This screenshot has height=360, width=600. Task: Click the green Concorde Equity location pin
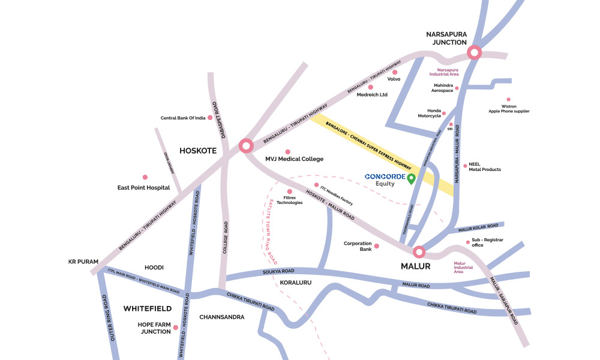tap(411, 178)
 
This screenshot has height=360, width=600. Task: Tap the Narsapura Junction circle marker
tap(475, 52)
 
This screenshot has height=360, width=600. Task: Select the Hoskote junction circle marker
tap(245, 146)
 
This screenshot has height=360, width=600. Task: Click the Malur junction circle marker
tap(418, 252)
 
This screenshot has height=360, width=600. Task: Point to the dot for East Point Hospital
tap(145, 177)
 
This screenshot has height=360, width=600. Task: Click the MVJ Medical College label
tap(294, 159)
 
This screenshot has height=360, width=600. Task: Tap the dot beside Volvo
tap(394, 72)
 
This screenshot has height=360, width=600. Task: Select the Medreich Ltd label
tap(372, 95)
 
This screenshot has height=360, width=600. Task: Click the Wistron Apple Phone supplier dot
tap(508, 100)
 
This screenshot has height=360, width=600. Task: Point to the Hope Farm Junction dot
tap(175, 328)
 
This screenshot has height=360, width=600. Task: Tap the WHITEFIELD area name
tap(148, 308)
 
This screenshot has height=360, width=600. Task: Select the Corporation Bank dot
tap(377, 246)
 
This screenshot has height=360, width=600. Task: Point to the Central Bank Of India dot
tap(209, 118)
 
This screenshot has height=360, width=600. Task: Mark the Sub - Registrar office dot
tap(467, 242)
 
